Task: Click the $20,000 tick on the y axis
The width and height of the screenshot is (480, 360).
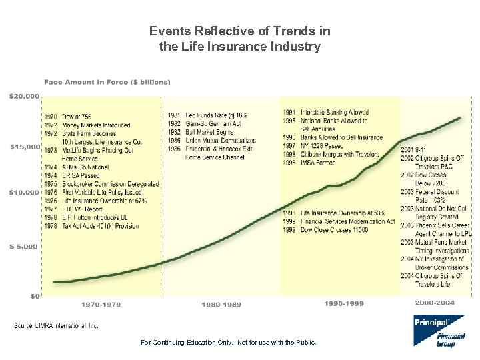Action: [24, 96]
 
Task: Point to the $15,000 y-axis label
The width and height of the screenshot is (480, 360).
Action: [24, 146]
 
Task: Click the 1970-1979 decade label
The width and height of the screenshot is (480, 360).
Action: [101, 304]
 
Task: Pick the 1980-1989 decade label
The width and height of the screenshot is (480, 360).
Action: [221, 304]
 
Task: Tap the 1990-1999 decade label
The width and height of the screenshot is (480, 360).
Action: [344, 303]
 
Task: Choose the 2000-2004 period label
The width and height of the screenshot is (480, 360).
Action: [435, 303]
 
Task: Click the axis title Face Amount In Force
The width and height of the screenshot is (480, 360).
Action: [107, 82]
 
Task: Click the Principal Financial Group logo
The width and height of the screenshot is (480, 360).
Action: [439, 331]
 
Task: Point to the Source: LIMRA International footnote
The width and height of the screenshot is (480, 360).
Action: [56, 325]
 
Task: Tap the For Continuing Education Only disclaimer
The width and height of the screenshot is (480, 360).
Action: [229, 343]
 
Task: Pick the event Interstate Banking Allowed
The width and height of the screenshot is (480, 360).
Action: [325, 113]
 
